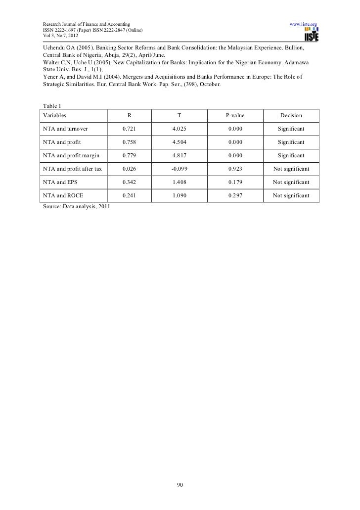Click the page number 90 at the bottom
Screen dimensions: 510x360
click(x=180, y=484)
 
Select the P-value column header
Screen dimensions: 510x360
click(x=235, y=116)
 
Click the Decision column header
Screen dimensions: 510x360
click(x=291, y=116)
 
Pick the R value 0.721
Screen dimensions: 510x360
click(x=129, y=129)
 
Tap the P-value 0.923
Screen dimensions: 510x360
click(x=235, y=169)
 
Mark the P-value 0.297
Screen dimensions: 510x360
click(x=235, y=196)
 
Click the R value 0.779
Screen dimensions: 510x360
click(x=129, y=156)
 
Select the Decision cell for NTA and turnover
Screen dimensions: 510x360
click(x=291, y=129)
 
